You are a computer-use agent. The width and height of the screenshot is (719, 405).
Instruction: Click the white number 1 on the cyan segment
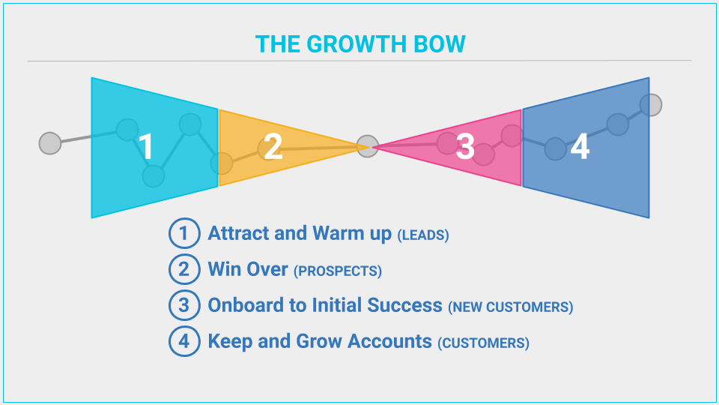tap(146, 146)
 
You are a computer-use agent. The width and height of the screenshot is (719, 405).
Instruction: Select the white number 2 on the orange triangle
tap(273, 146)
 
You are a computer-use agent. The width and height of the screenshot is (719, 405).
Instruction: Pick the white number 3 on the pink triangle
tap(465, 147)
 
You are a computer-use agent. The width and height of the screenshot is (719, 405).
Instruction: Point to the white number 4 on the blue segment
tap(580, 147)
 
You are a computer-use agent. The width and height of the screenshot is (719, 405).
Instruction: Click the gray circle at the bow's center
tap(368, 146)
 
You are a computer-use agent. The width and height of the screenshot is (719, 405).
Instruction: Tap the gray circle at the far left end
tap(50, 143)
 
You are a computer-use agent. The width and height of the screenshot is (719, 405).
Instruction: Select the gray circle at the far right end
tap(651, 105)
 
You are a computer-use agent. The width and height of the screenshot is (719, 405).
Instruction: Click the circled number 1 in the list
tap(184, 233)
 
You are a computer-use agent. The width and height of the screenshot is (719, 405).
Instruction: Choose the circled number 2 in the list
tap(184, 269)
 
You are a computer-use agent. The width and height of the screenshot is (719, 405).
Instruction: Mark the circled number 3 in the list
tap(184, 305)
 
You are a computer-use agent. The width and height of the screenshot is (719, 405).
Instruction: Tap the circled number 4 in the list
tap(184, 341)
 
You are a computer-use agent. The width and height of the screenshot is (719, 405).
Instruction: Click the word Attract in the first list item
tap(238, 233)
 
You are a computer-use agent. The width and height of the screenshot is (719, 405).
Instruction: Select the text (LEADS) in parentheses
tap(422, 235)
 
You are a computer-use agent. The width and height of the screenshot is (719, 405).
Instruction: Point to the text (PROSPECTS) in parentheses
tap(338, 271)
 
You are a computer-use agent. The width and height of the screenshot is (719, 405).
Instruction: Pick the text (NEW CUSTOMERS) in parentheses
tap(510, 307)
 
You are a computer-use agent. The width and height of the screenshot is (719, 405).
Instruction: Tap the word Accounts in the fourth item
tap(389, 341)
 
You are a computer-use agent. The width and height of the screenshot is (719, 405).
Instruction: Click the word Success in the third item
tap(404, 305)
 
